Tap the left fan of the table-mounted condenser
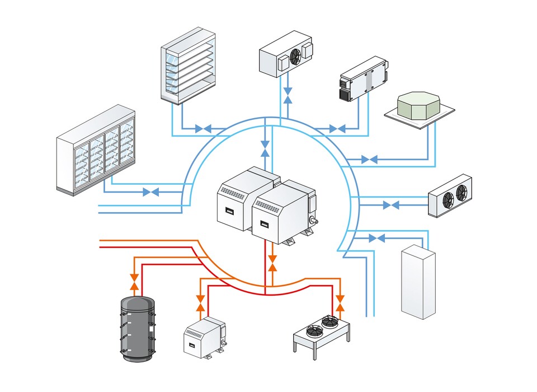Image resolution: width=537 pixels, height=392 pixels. (x=314, y=331)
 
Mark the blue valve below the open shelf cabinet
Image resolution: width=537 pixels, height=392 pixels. (x=203, y=129)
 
